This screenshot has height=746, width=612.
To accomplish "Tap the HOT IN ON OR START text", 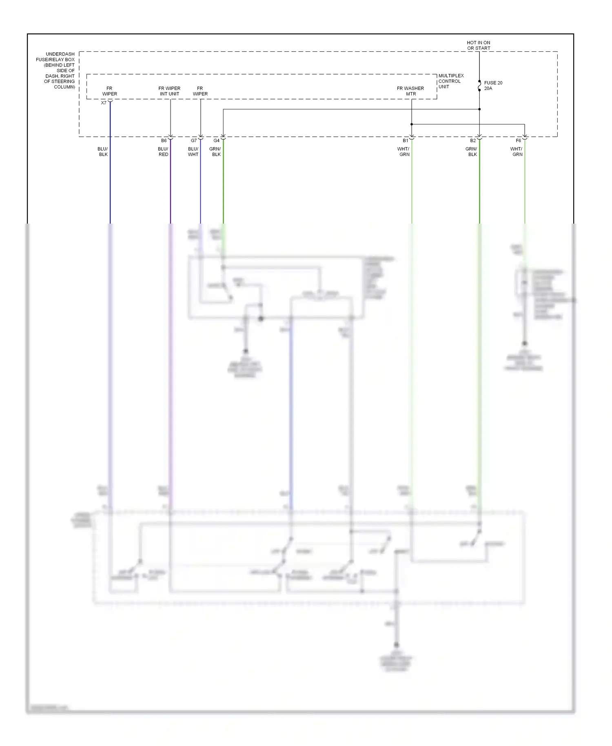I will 479,45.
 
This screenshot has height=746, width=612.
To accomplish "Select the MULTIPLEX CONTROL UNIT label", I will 451,81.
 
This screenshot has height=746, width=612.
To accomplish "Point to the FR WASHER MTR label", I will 410,91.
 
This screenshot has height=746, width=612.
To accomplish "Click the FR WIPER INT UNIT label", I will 169,91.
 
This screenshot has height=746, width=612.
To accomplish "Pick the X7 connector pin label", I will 104,103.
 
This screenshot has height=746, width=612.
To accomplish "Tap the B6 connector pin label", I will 164,141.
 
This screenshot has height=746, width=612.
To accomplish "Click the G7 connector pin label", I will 194,141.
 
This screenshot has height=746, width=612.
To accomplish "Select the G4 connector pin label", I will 216,141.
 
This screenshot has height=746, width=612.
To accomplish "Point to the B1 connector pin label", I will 406,141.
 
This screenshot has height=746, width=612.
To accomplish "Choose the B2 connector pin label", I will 473,141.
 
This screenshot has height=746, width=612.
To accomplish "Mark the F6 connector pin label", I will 518,141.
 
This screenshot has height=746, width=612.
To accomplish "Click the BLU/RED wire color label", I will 163,152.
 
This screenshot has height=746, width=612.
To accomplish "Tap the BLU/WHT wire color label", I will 193,152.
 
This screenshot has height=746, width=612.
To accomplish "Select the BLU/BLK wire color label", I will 103,152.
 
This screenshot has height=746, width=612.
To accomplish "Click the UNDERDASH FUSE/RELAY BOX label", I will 60,70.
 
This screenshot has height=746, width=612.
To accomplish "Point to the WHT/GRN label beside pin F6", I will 517,152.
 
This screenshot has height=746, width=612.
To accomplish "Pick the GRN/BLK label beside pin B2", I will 472,152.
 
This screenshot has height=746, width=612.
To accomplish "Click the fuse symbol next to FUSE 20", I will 479,86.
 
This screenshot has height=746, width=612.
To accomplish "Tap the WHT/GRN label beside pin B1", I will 404,152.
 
